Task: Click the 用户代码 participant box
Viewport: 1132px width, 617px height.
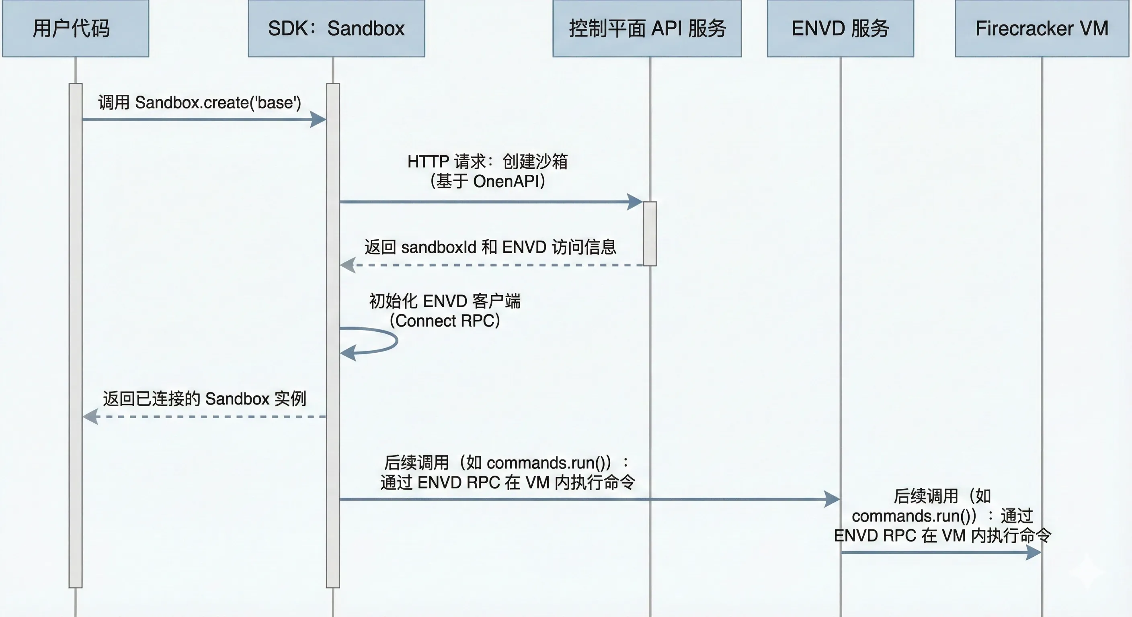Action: coord(76,29)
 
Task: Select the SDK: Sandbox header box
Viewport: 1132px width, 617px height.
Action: coord(336,29)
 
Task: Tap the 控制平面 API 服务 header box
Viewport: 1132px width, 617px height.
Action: coord(647,29)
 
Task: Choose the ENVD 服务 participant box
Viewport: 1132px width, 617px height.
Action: coord(840,29)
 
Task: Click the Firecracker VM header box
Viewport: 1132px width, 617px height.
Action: coord(1042,29)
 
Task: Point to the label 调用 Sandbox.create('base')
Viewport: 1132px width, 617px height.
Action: coord(199,103)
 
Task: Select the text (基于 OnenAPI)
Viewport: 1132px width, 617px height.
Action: coord(488,181)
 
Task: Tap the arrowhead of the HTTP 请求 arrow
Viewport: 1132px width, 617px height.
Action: coord(635,202)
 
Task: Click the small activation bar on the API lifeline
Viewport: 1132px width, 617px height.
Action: coord(650,234)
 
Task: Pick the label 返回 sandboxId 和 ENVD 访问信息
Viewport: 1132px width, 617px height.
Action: coord(490,247)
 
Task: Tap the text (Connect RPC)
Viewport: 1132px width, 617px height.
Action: coord(445,321)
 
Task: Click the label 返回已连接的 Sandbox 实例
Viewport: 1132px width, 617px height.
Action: coord(204,399)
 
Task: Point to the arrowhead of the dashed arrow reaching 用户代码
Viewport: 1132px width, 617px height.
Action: coord(90,416)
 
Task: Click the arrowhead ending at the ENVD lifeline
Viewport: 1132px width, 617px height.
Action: coord(832,499)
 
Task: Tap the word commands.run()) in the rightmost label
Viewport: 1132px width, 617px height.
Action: coord(914,516)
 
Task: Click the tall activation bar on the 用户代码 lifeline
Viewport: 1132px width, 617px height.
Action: coord(76,334)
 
